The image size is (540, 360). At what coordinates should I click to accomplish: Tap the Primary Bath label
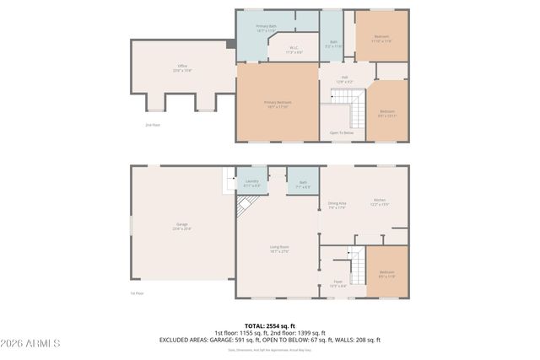pyautogui.click(x=267, y=28)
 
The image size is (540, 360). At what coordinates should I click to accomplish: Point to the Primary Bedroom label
pyautogui.click(x=278, y=104)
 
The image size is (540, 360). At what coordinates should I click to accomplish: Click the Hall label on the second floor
pyautogui.click(x=344, y=79)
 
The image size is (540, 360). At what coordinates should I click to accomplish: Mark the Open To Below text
pyautogui.click(x=342, y=132)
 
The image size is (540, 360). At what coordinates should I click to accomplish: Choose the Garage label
pyautogui.click(x=181, y=226)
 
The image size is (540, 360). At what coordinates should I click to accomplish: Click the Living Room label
pyautogui.click(x=279, y=248)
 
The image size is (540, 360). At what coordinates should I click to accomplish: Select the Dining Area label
pyautogui.click(x=337, y=205)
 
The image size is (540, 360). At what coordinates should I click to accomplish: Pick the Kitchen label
pyautogui.click(x=379, y=201)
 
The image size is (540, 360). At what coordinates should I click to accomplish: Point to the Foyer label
pyautogui.click(x=337, y=284)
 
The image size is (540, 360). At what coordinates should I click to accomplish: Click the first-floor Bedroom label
pyautogui.click(x=386, y=273)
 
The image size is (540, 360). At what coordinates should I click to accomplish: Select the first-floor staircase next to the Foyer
pyautogui.click(x=358, y=268)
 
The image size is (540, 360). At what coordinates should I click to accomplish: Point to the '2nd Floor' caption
pyautogui.click(x=152, y=124)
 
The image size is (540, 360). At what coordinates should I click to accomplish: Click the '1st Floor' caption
pyautogui.click(x=138, y=293)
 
